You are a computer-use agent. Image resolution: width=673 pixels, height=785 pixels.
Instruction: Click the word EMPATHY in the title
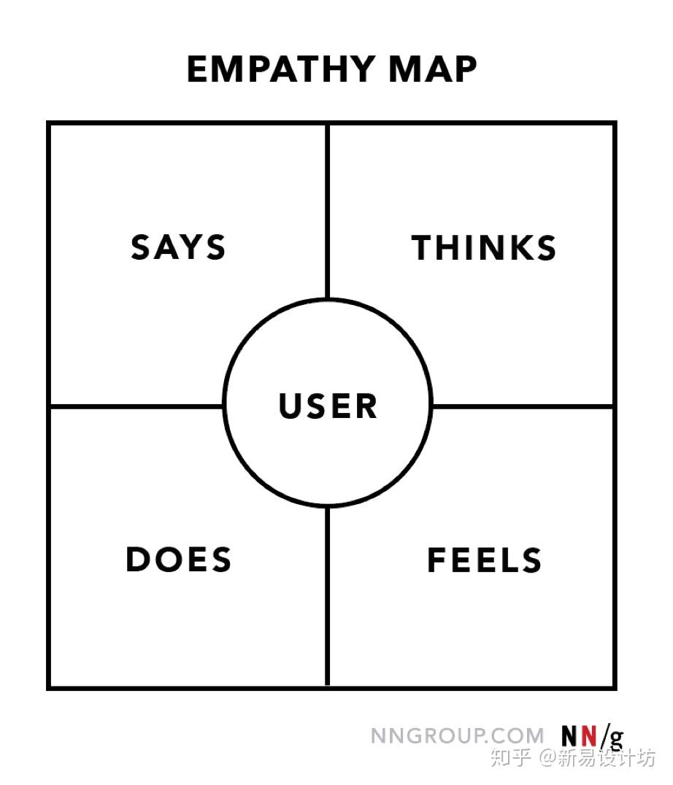click(x=280, y=69)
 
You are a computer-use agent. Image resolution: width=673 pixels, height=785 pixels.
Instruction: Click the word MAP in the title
click(x=433, y=69)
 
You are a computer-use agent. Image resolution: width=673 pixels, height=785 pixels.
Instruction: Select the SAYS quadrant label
click(x=178, y=247)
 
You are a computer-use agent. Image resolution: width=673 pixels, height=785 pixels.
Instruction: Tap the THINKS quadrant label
click(x=484, y=247)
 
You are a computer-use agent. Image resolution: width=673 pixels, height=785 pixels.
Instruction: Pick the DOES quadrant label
click(x=179, y=560)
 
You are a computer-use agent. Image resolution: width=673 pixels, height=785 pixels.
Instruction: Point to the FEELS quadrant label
click(x=484, y=560)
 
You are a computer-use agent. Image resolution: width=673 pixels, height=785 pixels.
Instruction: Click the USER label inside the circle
click(x=328, y=406)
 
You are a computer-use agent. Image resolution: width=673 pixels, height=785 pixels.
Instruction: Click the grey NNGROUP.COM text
click(x=457, y=736)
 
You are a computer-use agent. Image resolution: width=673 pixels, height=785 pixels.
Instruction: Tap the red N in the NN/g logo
click(x=589, y=736)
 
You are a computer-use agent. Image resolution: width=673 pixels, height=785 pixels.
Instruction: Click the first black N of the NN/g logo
click(x=570, y=736)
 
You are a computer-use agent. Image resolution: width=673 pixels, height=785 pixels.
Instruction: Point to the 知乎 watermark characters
click(x=510, y=757)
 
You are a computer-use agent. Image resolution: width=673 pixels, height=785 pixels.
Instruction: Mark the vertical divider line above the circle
click(x=328, y=211)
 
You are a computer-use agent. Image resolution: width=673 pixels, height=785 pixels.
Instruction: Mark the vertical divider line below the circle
click(x=328, y=596)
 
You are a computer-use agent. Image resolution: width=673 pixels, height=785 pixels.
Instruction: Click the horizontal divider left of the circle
click(x=136, y=406)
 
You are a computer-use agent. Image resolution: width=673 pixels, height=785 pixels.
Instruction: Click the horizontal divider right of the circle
click(x=523, y=406)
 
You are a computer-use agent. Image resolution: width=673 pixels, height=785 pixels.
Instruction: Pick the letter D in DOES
click(x=137, y=560)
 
